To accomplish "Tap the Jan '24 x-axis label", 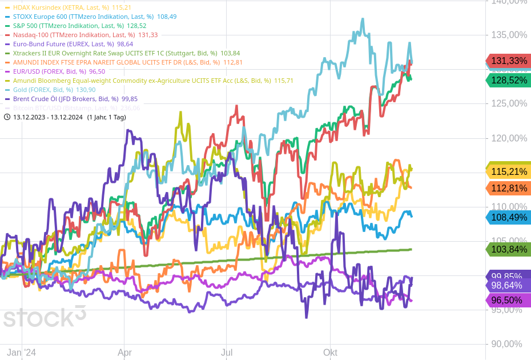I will [22, 353].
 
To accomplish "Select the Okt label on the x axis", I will [330, 353].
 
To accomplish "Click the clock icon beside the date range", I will [7, 117].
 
